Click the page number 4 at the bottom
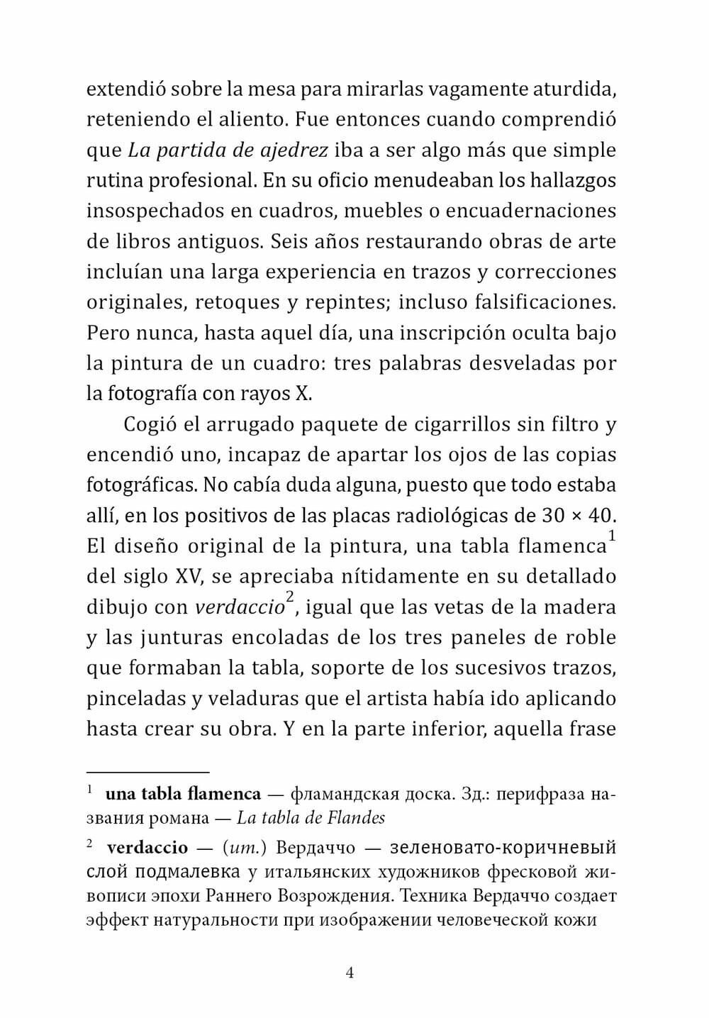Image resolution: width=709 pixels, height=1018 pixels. coord(350,972)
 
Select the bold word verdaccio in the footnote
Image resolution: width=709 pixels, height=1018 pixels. coord(147,847)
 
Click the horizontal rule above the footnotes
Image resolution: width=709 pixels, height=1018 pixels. coord(147,771)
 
